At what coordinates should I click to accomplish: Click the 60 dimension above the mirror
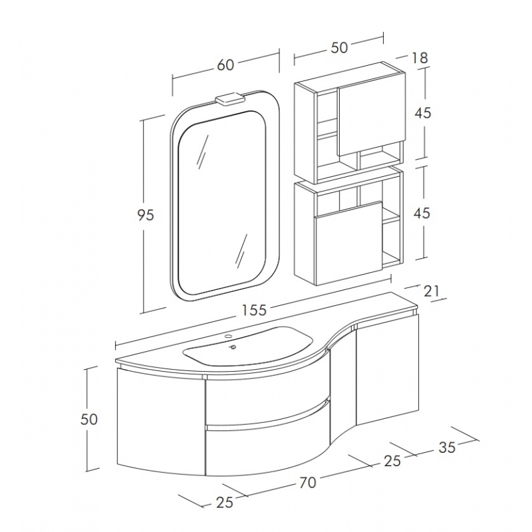coord(225,65)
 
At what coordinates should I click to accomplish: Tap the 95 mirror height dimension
coord(146,215)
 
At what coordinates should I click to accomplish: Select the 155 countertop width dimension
coord(255,310)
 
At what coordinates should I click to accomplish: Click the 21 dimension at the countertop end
coord(432,291)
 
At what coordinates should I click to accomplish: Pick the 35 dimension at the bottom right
coord(447,448)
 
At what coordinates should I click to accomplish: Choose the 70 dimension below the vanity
coord(308,482)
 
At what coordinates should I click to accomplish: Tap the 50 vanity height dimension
coord(89,420)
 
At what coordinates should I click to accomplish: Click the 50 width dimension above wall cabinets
coord(339,47)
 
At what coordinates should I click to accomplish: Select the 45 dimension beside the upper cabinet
coord(423,112)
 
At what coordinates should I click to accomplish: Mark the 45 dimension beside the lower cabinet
coord(422,213)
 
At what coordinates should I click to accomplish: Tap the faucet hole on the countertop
coord(228,337)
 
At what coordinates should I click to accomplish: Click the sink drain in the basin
coord(233,347)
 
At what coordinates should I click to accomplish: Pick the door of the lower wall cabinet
coord(348,243)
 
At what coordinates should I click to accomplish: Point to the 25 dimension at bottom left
coord(224,502)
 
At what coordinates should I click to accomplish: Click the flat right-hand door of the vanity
coord(387,370)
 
